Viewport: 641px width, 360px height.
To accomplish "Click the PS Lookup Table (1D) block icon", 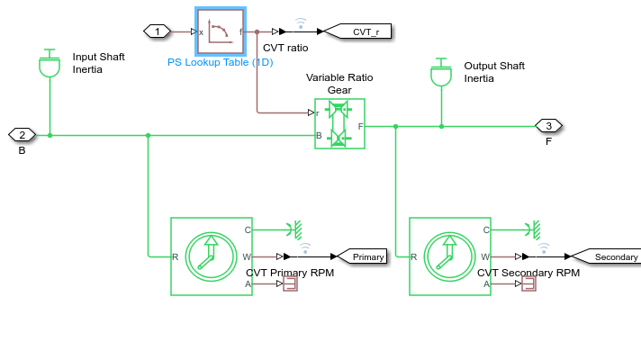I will pos(221,31).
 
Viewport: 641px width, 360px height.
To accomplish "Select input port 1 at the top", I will pos(158,31).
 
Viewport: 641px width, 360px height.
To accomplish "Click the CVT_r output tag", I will pos(358,31).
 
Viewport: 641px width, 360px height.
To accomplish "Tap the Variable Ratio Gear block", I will pos(339,123).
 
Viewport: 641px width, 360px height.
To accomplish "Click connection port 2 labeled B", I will pos(22,135).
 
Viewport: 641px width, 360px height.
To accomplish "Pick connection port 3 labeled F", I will pos(548,125).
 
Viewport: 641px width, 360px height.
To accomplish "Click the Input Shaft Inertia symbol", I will pos(50,64).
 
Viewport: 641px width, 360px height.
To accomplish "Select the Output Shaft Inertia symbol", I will pos(441,73).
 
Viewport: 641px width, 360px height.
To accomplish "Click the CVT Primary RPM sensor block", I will pos(212,256).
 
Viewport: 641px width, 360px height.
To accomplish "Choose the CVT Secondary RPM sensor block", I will pos(449,256).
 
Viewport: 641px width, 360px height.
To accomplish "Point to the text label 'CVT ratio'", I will pos(285,48).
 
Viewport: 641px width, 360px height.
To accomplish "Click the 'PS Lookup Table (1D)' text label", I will pos(221,63).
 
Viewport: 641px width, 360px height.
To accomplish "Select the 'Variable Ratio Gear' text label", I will pos(339,84).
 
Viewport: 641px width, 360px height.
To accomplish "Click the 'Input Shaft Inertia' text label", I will pos(99,63).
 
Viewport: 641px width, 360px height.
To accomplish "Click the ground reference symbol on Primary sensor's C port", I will pos(293,229).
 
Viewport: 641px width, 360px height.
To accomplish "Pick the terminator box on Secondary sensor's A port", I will pos(528,283).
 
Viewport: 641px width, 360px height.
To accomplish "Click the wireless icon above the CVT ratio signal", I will pos(300,21).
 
